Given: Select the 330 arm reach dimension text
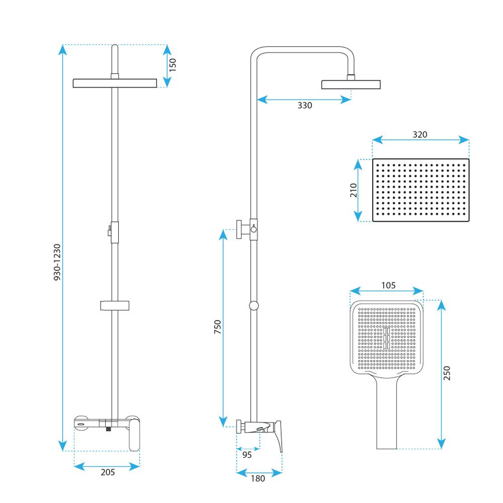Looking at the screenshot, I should (x=305, y=105).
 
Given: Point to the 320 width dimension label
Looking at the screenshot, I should (x=420, y=134).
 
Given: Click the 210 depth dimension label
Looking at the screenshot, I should (x=353, y=190).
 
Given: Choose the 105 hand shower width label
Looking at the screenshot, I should (x=388, y=285).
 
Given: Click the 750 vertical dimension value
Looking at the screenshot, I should (x=217, y=327).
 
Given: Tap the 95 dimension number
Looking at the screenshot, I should (x=247, y=455).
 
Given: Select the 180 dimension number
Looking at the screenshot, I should (x=258, y=479).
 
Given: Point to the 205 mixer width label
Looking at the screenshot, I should (x=108, y=472).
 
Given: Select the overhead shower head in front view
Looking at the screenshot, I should (x=116, y=83).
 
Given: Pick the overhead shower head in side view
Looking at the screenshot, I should (x=351, y=84).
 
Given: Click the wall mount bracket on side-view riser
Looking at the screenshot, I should (x=243, y=229).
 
